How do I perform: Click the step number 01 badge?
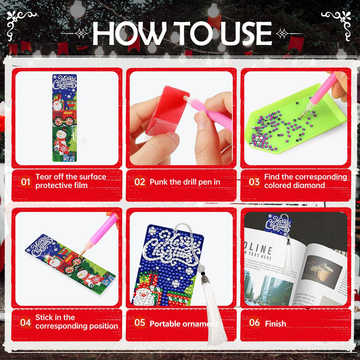click(26, 181)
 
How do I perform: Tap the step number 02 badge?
click(140, 181)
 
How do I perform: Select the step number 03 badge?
click(254, 181)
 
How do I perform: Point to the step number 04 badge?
click(26, 322)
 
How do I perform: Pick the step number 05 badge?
click(140, 323)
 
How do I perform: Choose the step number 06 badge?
click(254, 323)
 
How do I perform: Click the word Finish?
click(275, 324)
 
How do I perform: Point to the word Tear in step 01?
click(43, 177)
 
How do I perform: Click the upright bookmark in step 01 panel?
click(65, 118)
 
